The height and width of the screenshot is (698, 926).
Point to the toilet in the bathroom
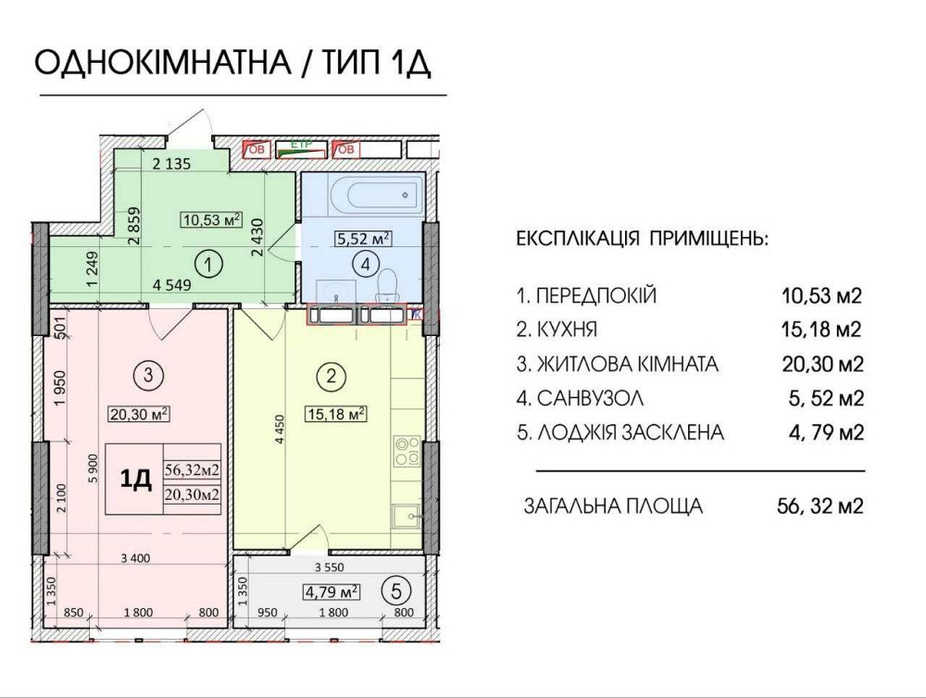390,281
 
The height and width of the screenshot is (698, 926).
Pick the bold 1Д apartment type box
136,479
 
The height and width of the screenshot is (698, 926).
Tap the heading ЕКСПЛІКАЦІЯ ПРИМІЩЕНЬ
641,239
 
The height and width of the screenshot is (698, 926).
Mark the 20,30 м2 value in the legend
820,364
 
